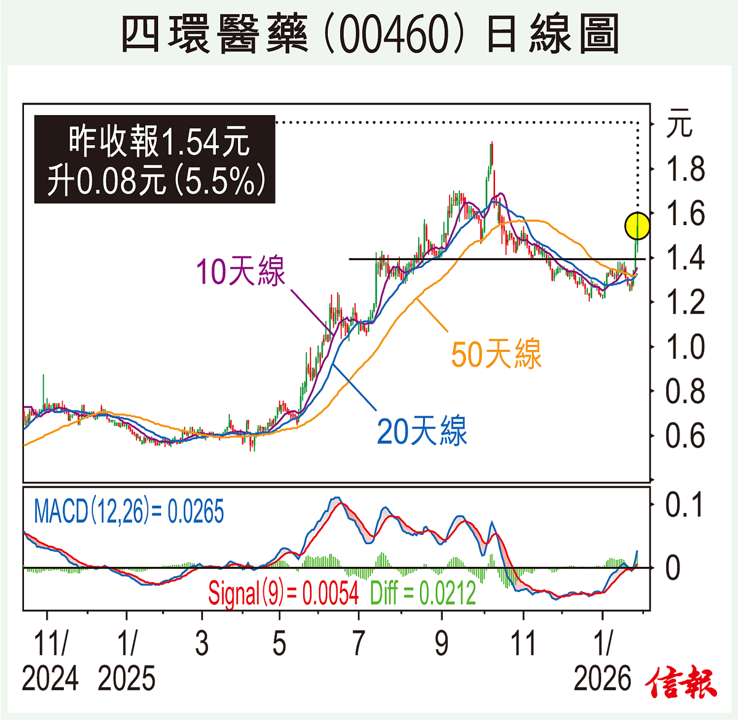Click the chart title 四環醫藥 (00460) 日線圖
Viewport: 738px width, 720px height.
369,34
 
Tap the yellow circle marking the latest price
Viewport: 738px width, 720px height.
637,226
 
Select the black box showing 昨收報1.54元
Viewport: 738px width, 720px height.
154,159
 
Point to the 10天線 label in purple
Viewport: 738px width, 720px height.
240,271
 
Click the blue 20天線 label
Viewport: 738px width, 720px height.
421,431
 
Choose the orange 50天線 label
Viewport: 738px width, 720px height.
496,355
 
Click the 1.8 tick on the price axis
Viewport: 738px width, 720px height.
686,170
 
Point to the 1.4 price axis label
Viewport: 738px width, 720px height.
686,258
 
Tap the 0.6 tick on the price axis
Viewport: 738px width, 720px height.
686,437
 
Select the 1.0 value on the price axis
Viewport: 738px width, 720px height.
686,347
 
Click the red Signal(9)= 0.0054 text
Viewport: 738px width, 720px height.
283,593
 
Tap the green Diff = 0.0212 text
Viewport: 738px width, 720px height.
423,593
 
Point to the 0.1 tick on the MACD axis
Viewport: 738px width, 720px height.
683,505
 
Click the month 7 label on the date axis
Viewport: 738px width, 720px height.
359,643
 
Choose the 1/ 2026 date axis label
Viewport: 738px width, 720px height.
603,661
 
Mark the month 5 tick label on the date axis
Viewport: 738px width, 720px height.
279,643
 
